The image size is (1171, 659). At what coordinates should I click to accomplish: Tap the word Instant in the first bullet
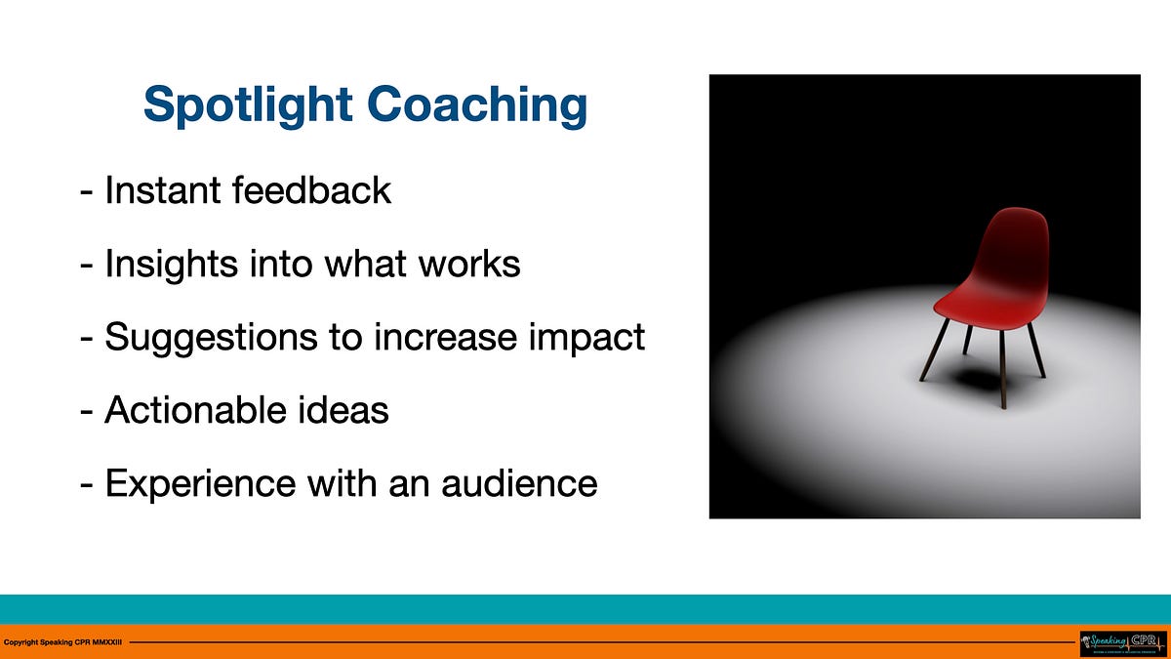(x=163, y=189)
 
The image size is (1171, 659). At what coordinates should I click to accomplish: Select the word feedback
(x=311, y=189)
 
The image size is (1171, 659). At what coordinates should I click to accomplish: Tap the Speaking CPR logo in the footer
(x=1122, y=642)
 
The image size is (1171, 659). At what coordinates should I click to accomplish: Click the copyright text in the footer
(x=63, y=642)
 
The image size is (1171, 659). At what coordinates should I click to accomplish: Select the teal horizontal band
(x=585, y=608)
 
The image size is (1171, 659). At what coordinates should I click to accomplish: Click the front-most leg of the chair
(x=1003, y=371)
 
